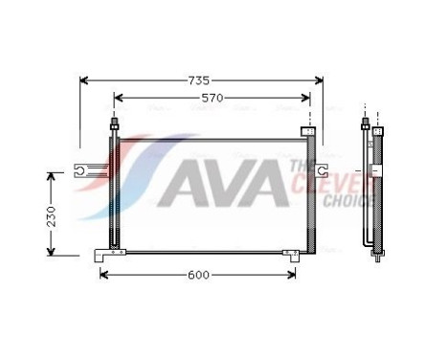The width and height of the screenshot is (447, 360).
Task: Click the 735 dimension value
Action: (x=200, y=81)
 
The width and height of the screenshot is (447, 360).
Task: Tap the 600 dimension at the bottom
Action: (x=197, y=275)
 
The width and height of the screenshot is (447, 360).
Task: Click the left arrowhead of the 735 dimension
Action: (x=83, y=81)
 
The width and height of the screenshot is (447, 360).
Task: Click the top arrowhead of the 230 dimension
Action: (x=52, y=176)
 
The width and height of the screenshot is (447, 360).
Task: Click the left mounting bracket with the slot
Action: (x=87, y=172)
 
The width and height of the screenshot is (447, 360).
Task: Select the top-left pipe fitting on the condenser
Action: (x=115, y=125)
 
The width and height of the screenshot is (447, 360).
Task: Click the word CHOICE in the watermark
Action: (x=348, y=201)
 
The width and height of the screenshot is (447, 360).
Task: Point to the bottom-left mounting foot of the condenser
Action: (x=108, y=255)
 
